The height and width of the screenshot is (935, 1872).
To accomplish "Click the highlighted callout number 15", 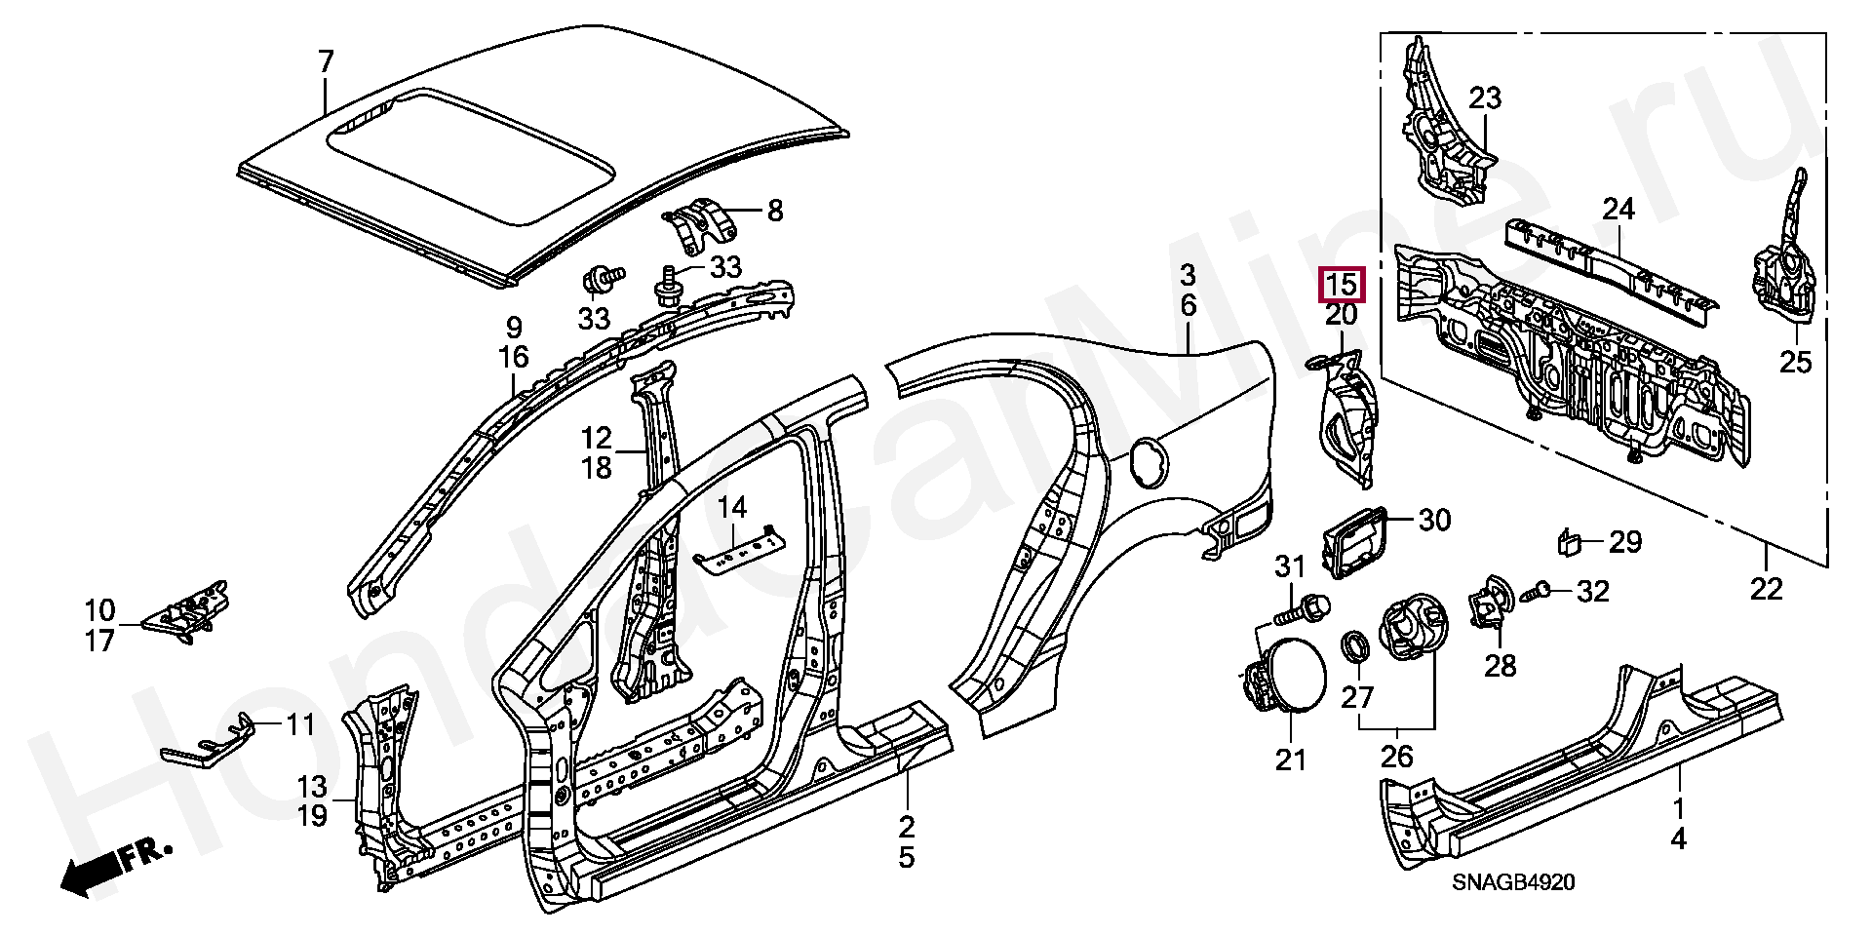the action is (x=1342, y=285).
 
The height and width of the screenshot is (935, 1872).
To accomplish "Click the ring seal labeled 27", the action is (x=1355, y=645).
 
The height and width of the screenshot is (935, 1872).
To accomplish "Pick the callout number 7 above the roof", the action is (x=326, y=63).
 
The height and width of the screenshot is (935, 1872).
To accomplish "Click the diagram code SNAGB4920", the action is (x=1513, y=883).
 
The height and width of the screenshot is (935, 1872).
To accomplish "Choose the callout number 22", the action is (x=1767, y=590).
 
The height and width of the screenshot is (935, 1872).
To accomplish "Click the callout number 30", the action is (x=1433, y=521).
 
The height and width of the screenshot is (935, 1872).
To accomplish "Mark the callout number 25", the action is (x=1795, y=362).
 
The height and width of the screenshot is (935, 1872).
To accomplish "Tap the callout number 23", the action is (x=1485, y=98).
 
